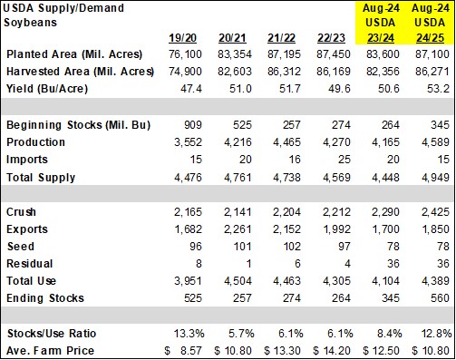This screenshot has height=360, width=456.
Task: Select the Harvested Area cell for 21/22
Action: pyautogui.click(x=293, y=73)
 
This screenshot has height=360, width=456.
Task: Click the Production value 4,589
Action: pyautogui.click(x=431, y=142)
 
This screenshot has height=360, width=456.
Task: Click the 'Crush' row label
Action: pyautogui.click(x=22, y=211)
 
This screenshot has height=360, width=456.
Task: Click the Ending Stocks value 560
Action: pyautogui.click(x=435, y=297)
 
